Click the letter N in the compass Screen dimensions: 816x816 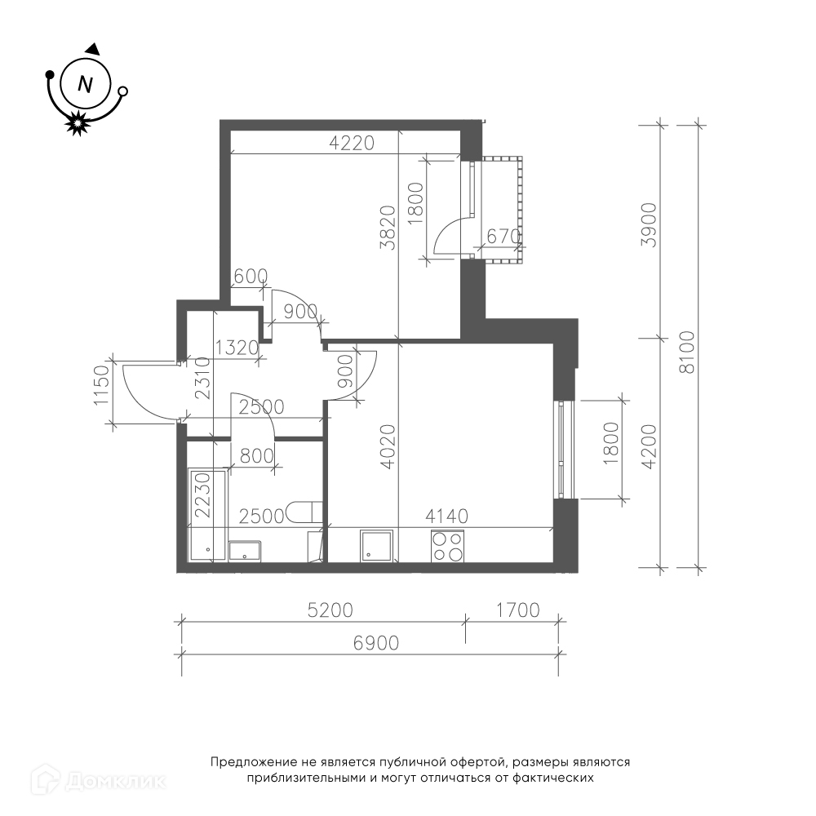pyautogui.click(x=85, y=84)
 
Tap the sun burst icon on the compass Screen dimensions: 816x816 pyautogui.click(x=78, y=123)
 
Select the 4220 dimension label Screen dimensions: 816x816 pyautogui.click(x=352, y=143)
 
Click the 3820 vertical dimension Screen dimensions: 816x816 pyautogui.click(x=388, y=228)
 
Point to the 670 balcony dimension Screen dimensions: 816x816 pyautogui.click(x=503, y=237)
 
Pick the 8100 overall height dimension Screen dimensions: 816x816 pyautogui.click(x=687, y=352)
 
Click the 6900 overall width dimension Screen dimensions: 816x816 pyautogui.click(x=375, y=643)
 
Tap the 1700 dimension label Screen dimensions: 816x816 pyautogui.click(x=518, y=610)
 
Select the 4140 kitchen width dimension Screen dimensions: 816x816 pyautogui.click(x=446, y=517)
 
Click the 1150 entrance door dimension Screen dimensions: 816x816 pyautogui.click(x=102, y=385)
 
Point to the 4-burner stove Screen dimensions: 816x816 pyautogui.click(x=447, y=546)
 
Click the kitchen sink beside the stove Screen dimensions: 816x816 pyautogui.click(x=376, y=546)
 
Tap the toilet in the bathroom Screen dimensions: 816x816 pyautogui.click(x=304, y=512)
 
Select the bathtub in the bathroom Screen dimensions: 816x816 pyautogui.click(x=207, y=514)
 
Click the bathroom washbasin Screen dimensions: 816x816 pyautogui.click(x=245, y=551)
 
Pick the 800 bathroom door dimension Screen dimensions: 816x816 pyautogui.click(x=256, y=456)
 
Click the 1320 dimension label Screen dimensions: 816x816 pyautogui.click(x=237, y=348)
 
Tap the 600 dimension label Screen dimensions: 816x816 pyautogui.click(x=251, y=277)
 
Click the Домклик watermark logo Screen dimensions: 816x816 pyautogui.click(x=99, y=781)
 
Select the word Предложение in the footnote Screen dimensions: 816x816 pyautogui.click(x=255, y=763)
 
